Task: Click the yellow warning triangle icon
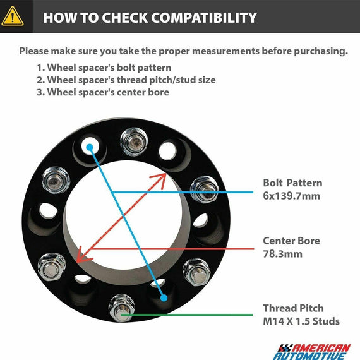(x=13, y=16)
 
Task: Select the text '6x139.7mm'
(x=291, y=196)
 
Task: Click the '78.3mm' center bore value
(x=282, y=254)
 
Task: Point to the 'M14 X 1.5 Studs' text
(x=301, y=321)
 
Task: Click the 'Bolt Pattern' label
(x=292, y=183)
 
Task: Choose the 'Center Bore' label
(x=291, y=241)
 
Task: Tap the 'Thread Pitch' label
(x=293, y=308)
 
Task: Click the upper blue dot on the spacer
(x=90, y=147)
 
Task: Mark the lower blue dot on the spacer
(x=164, y=297)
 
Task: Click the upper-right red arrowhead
(x=160, y=179)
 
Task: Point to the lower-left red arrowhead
(x=83, y=256)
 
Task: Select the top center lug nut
(x=134, y=141)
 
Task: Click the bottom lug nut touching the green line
(x=121, y=308)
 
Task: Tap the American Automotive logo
(x=312, y=352)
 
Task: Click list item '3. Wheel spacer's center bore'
(x=103, y=92)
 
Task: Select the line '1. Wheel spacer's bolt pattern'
(x=104, y=68)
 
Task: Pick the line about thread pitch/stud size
(x=126, y=80)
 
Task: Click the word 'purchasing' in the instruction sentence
(x=321, y=51)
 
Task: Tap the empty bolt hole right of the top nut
(x=167, y=152)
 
